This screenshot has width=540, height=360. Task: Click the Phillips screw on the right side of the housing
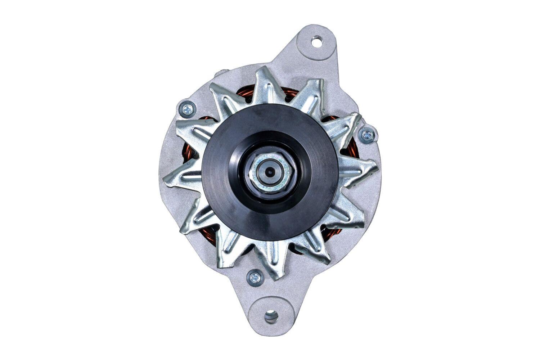(367, 135)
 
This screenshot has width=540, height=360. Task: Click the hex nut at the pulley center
(273, 171)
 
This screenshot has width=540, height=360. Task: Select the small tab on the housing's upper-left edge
(217, 73)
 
